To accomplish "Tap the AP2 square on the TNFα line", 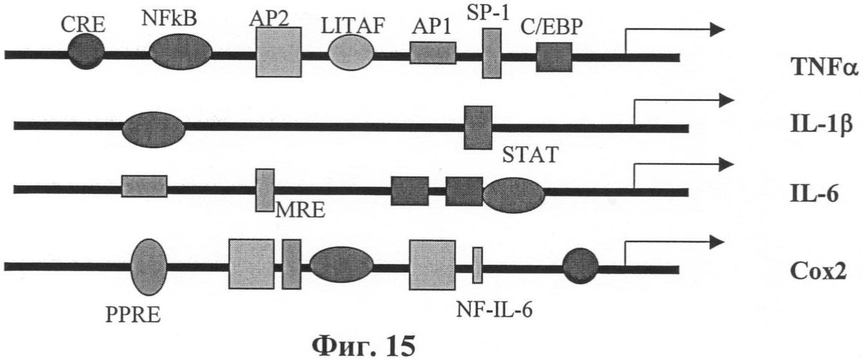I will coord(279,52).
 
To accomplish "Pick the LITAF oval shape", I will coord(351,53).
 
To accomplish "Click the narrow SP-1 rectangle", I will coord(491,54).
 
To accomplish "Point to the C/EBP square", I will coord(554,57).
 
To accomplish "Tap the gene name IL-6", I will coord(814,194).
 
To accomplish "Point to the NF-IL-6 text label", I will coord(494,307).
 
